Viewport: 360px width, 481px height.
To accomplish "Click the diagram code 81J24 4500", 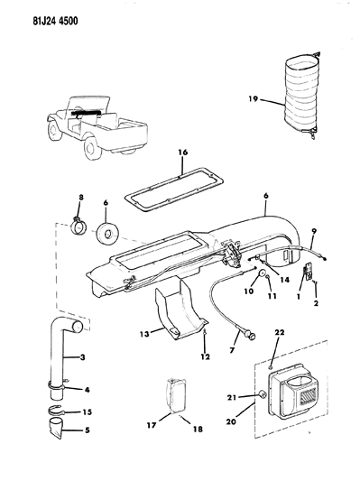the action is [56, 21].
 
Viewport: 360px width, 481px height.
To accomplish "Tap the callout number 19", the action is [254, 99].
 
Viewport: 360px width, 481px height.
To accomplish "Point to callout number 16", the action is [183, 153].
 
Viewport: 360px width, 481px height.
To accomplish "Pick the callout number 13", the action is [144, 333].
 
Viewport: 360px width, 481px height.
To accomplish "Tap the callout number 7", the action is [232, 349].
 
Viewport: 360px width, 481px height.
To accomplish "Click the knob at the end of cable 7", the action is [251, 337].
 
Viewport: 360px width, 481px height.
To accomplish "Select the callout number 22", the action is [280, 332].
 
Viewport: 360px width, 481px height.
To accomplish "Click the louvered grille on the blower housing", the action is [307, 395].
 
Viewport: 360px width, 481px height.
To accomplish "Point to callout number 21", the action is [232, 397].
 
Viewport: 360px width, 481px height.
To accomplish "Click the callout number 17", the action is [152, 425].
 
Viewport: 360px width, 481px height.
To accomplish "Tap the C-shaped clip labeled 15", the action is [56, 410].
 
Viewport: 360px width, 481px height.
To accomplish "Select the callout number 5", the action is [88, 430].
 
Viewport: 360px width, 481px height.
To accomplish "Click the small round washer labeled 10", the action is [263, 273].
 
